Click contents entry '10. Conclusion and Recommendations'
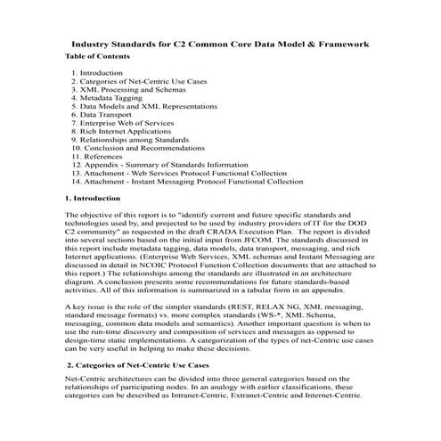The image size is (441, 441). (x=143, y=148)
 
